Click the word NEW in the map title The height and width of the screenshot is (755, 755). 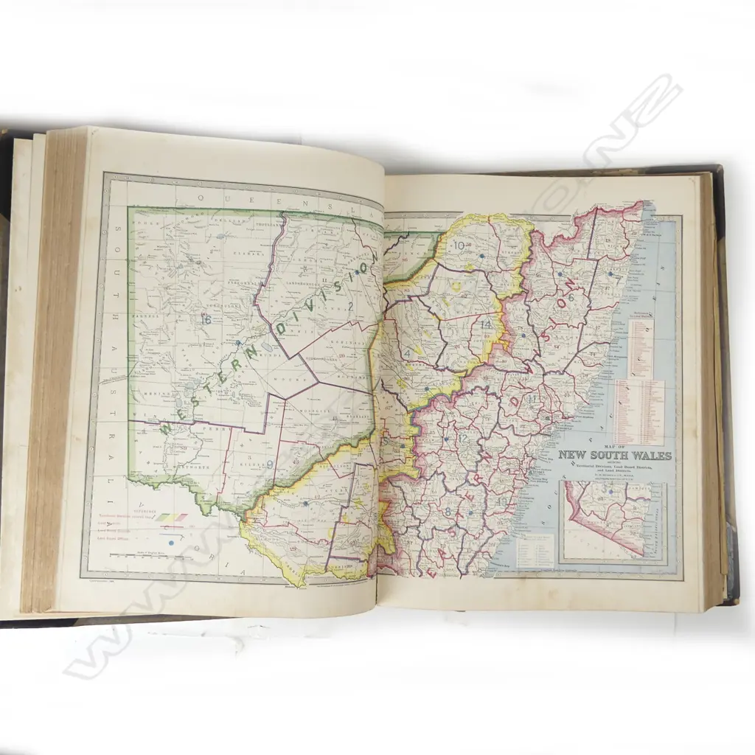click(573, 456)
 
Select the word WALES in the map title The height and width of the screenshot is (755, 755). click(651, 456)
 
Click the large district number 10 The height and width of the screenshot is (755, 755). click(462, 246)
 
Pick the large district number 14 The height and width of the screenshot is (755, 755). click(487, 325)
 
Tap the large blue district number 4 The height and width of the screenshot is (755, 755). click(406, 353)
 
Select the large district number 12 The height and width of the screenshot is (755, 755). click(463, 438)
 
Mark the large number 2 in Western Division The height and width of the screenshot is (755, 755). click(351, 307)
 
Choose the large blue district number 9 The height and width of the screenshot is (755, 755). click(271, 464)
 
